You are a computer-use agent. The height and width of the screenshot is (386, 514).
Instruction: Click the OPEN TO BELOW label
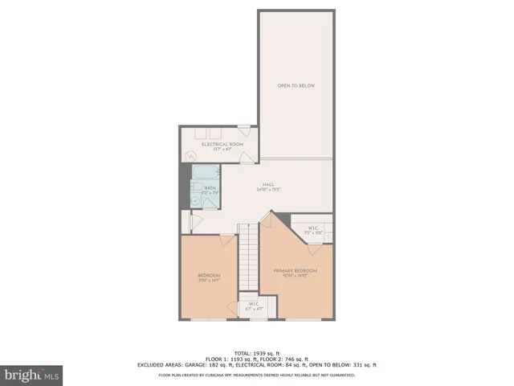(x=296, y=84)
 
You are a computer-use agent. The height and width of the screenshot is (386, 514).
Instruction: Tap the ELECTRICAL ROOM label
(x=217, y=144)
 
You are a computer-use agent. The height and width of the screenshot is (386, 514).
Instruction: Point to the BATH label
(x=210, y=188)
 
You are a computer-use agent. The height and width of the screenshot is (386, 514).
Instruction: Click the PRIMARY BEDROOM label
(x=296, y=270)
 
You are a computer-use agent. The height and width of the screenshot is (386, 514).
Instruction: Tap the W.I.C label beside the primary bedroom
(x=314, y=228)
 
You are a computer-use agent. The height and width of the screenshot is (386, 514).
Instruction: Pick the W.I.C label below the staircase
(x=252, y=304)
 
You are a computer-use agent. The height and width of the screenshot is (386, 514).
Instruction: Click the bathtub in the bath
(x=205, y=172)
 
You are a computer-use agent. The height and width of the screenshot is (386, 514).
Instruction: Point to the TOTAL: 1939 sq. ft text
(x=257, y=353)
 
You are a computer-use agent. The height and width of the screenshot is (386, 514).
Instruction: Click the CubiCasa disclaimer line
(x=257, y=374)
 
